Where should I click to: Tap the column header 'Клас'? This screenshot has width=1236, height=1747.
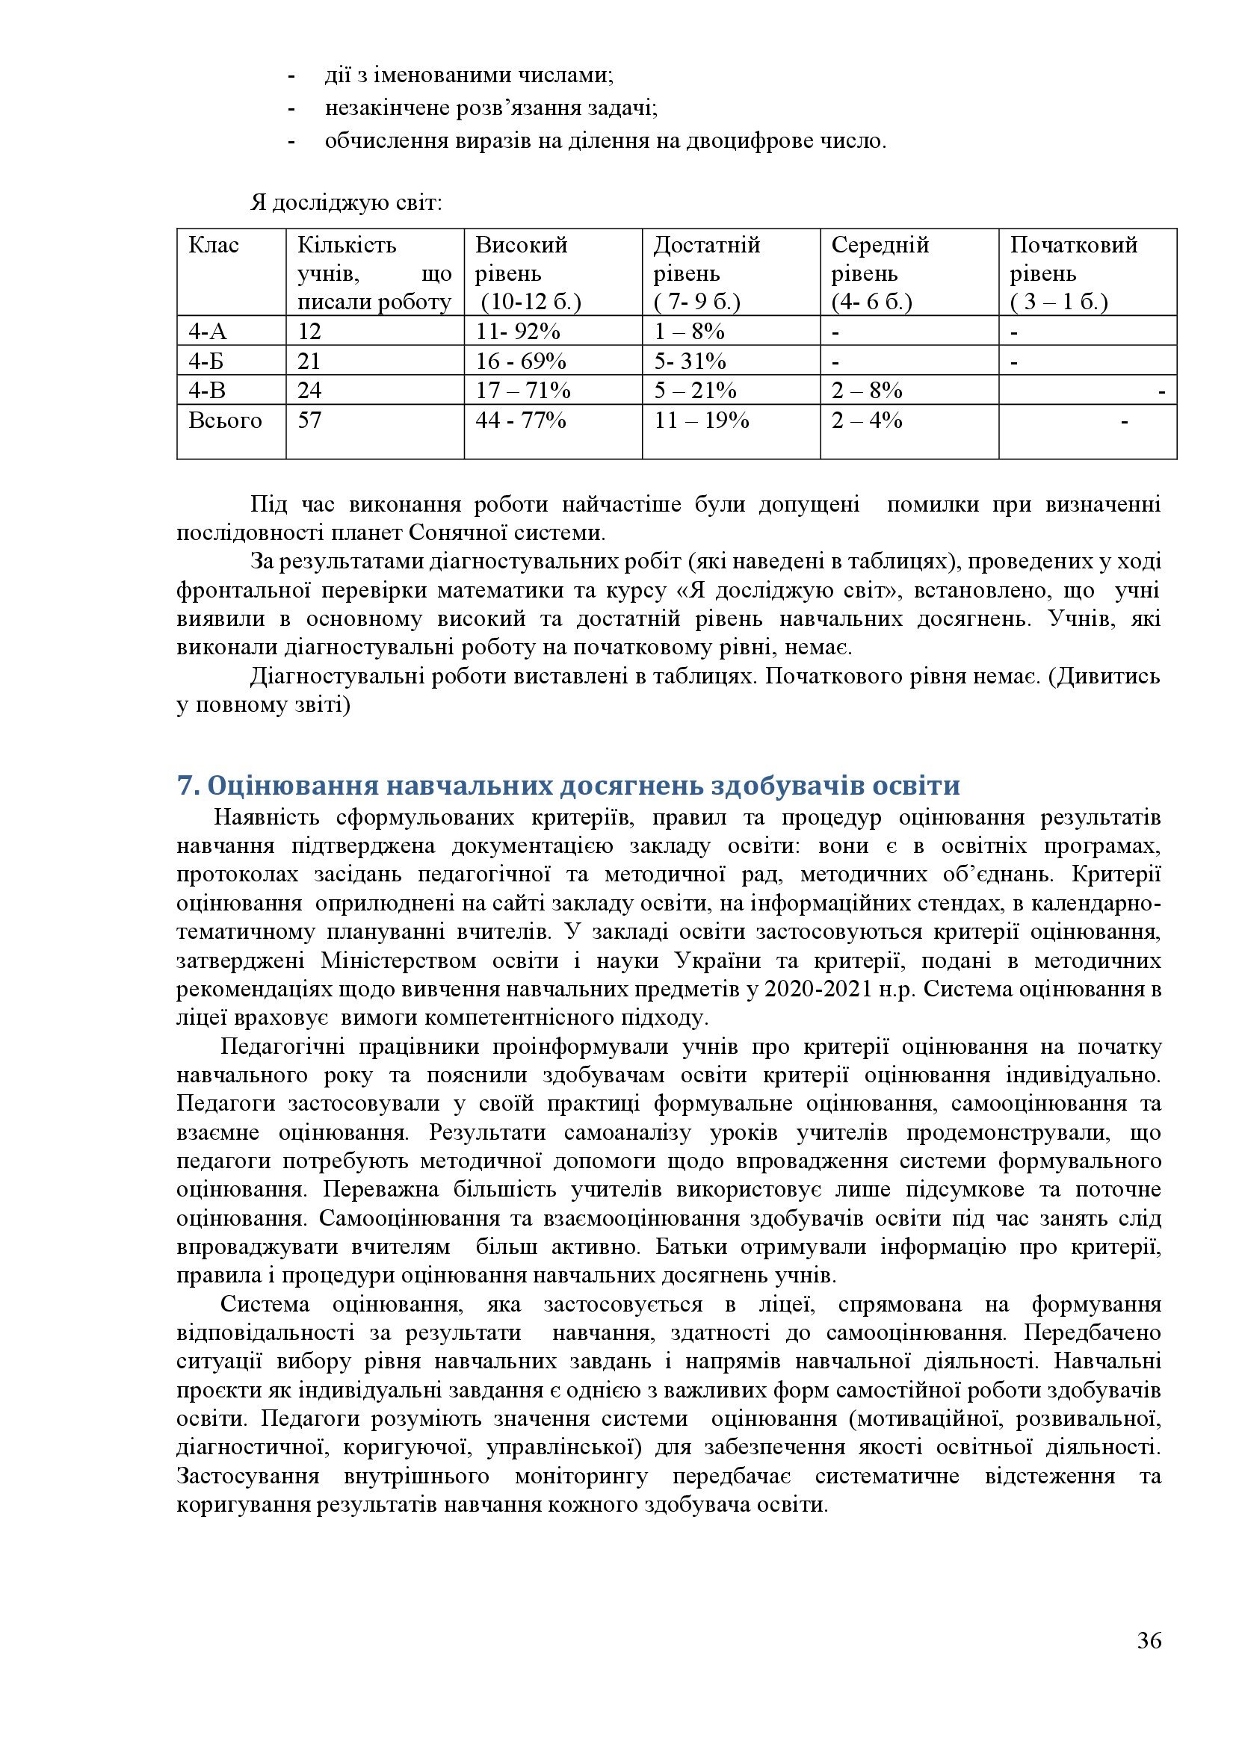point(213,246)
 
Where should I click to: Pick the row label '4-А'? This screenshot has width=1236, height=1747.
point(208,332)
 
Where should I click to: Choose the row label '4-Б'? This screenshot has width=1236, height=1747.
point(207,361)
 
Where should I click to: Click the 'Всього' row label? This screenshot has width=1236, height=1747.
point(224,421)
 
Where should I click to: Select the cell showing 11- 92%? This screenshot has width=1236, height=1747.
point(518,332)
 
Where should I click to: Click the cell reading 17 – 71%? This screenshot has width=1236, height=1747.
point(523,391)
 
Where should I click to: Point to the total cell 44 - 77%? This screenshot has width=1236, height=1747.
point(521,421)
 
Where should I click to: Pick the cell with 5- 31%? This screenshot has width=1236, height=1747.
point(690,361)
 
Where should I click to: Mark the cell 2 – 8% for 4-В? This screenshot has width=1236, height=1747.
point(866,391)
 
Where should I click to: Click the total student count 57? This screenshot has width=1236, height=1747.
point(309,421)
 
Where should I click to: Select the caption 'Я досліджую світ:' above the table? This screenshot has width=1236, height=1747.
point(345,204)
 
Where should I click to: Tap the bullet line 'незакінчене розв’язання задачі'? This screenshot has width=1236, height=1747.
point(491,108)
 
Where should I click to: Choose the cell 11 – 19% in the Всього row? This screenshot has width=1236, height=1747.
point(702,421)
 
